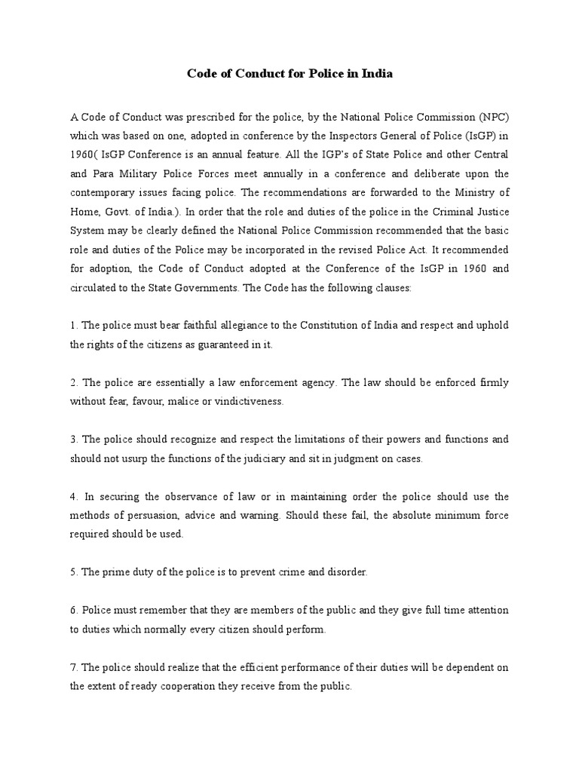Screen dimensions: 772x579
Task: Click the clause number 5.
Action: tap(73, 571)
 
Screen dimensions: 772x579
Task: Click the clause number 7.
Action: tap(73, 668)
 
